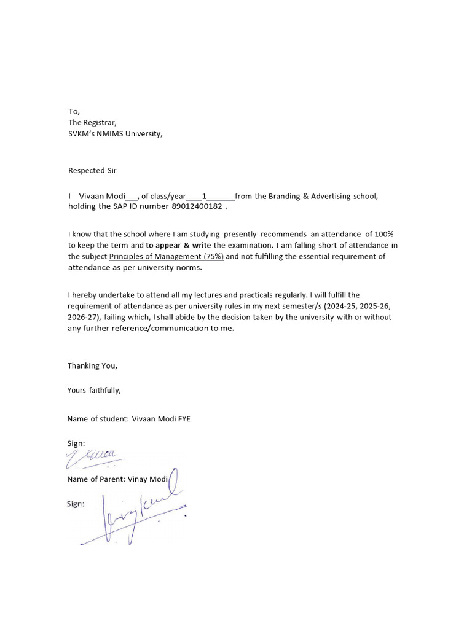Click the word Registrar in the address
pyautogui.click(x=99, y=122)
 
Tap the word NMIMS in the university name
pyautogui.click(x=110, y=133)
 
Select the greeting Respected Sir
pyautogui.click(x=92, y=170)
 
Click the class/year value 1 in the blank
pyautogui.click(x=204, y=196)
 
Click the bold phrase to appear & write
pyautogui.click(x=178, y=245)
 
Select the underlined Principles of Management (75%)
pyautogui.click(x=167, y=256)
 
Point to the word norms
pyautogui.click(x=187, y=267)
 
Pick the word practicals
pyautogui.click(x=241, y=295)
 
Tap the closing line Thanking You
pyautogui.click(x=92, y=365)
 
